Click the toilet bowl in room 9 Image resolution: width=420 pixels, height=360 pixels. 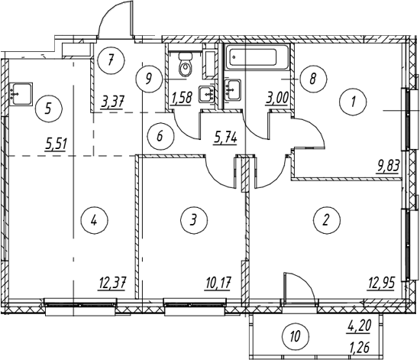[x=185, y=65]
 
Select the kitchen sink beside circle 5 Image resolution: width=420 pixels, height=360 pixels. [x=21, y=94]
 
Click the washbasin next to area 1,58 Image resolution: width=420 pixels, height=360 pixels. [x=206, y=94]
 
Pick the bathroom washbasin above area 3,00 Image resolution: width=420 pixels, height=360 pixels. [x=232, y=90]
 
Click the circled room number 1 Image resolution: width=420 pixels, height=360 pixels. [x=353, y=102]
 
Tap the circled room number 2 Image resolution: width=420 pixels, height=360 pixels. [x=326, y=220]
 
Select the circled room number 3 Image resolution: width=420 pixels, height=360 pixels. [x=194, y=220]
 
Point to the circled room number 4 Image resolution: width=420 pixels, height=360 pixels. [x=94, y=221]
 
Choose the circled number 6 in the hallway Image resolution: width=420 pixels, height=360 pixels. [x=160, y=136]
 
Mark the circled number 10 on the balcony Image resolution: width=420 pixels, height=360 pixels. [x=296, y=336]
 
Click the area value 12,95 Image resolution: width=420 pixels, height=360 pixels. [x=381, y=283]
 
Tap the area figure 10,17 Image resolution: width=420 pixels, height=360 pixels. [x=218, y=283]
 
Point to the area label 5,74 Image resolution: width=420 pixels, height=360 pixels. [x=225, y=138]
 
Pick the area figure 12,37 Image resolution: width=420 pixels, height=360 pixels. [x=112, y=283]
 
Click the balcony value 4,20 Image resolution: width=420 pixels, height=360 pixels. [x=359, y=326]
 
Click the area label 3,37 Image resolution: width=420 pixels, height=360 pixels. [x=112, y=102]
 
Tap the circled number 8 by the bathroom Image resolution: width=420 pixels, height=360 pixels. [x=313, y=79]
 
